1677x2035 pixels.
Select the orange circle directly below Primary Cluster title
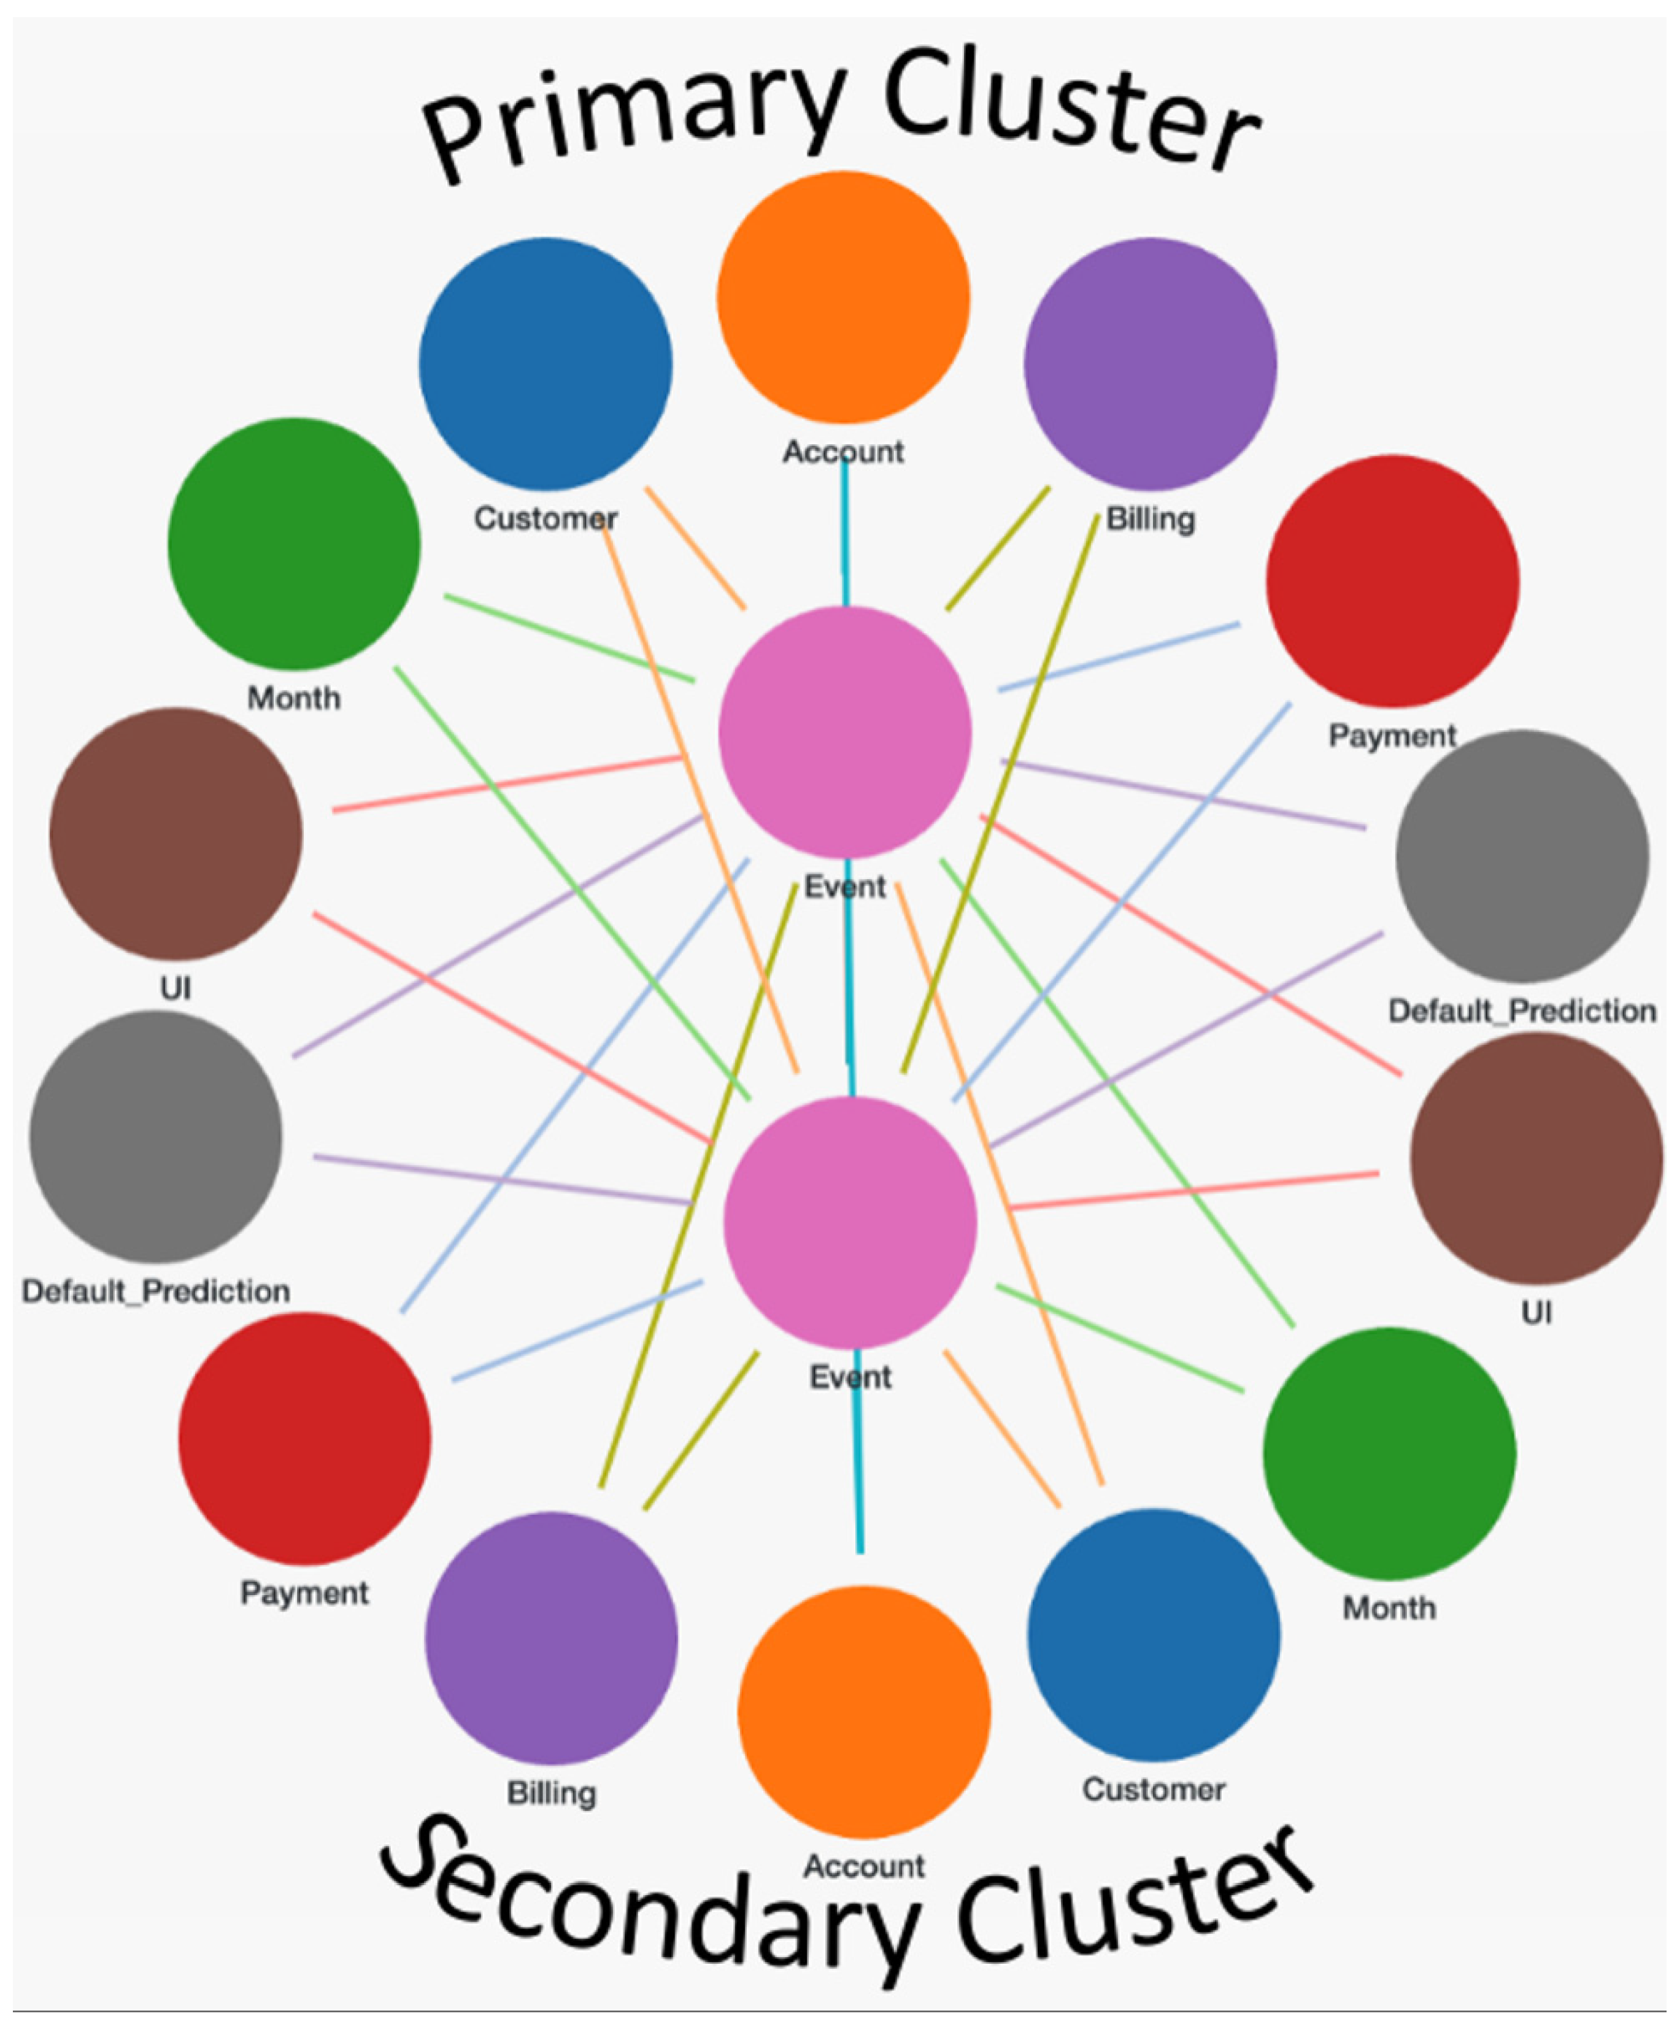click(x=843, y=298)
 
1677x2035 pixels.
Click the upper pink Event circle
click(x=844, y=732)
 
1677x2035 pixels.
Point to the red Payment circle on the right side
click(x=1392, y=582)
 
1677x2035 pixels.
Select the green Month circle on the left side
click(x=294, y=544)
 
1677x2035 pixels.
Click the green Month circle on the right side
click(x=1389, y=1453)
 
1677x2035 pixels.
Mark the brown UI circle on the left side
click(x=176, y=834)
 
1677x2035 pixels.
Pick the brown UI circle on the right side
click(x=1536, y=1158)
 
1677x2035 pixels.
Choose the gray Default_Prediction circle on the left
click(x=155, y=1137)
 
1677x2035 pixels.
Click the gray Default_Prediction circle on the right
click(x=1522, y=856)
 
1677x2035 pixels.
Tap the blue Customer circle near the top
click(x=545, y=364)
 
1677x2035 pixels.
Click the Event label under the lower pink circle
click(x=850, y=1376)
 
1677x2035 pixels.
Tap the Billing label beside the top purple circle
click(x=1151, y=520)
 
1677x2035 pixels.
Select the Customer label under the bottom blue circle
click(x=1154, y=1790)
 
